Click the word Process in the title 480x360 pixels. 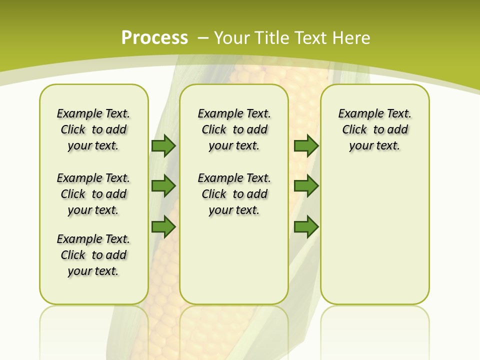154,38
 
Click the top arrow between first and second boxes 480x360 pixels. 163,146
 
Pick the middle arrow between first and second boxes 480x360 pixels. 163,186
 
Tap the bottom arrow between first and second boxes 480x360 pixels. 163,227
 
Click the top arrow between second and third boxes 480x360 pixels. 306,146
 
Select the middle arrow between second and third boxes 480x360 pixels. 306,186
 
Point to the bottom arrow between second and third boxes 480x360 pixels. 306,227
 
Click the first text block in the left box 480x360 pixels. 93,129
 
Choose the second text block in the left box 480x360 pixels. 93,194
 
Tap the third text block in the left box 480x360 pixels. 93,255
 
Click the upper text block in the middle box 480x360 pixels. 234,129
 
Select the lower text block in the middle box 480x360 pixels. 234,194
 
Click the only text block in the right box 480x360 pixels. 375,129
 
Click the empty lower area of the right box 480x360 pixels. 375,240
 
